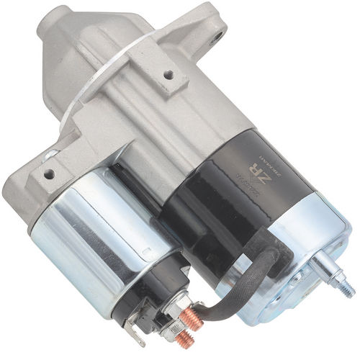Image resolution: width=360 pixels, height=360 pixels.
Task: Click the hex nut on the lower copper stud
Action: [x=172, y=332]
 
